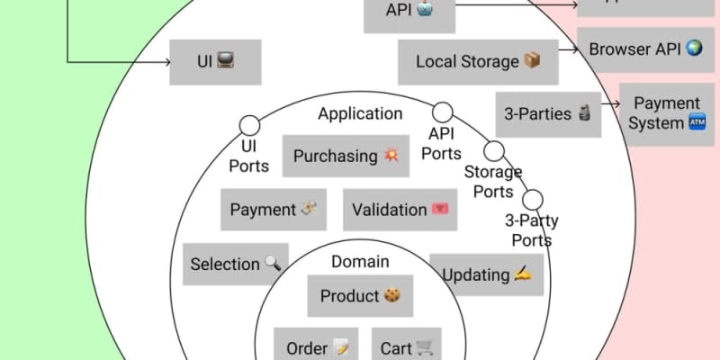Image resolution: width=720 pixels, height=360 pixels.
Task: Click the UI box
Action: pyautogui.click(x=215, y=62)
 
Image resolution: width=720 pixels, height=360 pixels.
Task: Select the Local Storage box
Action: pyautogui.click(x=478, y=62)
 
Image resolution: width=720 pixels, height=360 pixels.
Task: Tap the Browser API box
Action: pyautogui.click(x=644, y=49)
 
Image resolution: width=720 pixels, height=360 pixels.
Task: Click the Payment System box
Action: pyautogui.click(x=667, y=113)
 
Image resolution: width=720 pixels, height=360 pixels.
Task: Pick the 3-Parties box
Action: pyautogui.click(x=547, y=114)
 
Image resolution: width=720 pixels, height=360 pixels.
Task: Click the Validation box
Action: pyautogui.click(x=400, y=210)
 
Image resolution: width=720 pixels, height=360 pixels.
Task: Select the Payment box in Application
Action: pyautogui.click(x=274, y=210)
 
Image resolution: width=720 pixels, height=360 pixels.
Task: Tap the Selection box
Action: pyautogui.click(x=236, y=264)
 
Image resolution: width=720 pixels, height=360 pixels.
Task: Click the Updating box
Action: pyautogui.click(x=486, y=274)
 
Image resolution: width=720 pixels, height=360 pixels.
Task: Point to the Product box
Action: pyautogui.click(x=360, y=296)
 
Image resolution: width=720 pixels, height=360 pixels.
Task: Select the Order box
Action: pyautogui.click(x=316, y=347)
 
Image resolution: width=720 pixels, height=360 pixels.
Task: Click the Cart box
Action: pyautogui.click(x=406, y=347)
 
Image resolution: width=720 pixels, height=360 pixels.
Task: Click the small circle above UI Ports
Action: pyautogui.click(x=248, y=125)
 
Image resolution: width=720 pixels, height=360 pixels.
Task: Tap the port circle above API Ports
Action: pyautogui.click(x=442, y=112)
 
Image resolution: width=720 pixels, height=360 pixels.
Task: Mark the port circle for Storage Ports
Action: pyautogui.click(x=493, y=150)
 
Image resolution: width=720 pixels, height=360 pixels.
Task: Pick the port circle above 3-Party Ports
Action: pyautogui.click(x=532, y=199)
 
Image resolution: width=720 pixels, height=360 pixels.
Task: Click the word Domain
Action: pyautogui.click(x=360, y=262)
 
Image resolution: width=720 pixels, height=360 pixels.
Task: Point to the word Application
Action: pyautogui.click(x=360, y=114)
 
